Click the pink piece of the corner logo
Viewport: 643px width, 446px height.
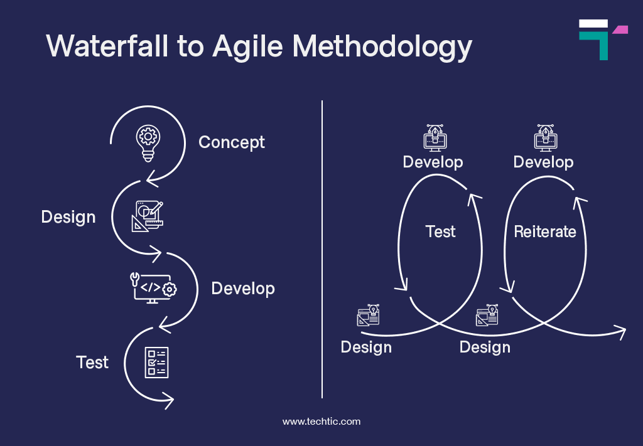(x=620, y=29)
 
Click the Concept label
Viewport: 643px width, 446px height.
(x=232, y=142)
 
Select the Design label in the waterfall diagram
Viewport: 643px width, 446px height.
(x=68, y=217)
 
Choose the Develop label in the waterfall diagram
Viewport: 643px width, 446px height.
(x=243, y=289)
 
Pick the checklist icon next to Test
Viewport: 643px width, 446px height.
(x=156, y=362)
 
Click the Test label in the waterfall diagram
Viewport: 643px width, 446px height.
(x=92, y=362)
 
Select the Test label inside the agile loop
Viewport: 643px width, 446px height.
(x=440, y=231)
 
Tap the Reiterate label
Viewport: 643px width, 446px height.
(x=545, y=231)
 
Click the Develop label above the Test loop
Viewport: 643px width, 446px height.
(x=433, y=162)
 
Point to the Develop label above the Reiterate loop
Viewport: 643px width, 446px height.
(x=543, y=162)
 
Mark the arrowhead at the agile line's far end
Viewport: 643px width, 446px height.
(x=621, y=332)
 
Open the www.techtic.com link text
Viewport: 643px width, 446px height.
(x=321, y=422)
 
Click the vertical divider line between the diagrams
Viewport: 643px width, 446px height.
(x=322, y=251)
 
